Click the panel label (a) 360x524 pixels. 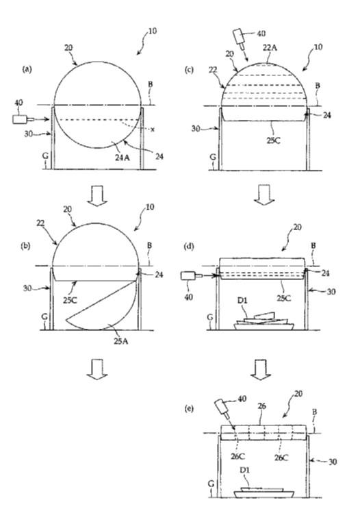27,69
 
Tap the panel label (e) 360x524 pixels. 189,409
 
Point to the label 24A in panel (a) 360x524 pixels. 123,158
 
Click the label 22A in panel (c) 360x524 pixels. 270,47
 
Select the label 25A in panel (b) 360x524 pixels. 122,341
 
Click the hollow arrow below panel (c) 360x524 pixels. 264,195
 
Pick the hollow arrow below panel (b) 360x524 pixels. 97,370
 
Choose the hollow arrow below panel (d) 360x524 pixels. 261,370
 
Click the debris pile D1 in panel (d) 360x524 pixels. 263,321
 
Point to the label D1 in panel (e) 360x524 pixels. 245,470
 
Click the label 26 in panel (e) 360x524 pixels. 262,406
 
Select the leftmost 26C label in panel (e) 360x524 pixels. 237,456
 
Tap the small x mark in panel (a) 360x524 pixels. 153,129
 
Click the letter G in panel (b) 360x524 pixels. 44,316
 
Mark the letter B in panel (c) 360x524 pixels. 318,86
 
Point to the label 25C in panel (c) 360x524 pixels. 274,140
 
